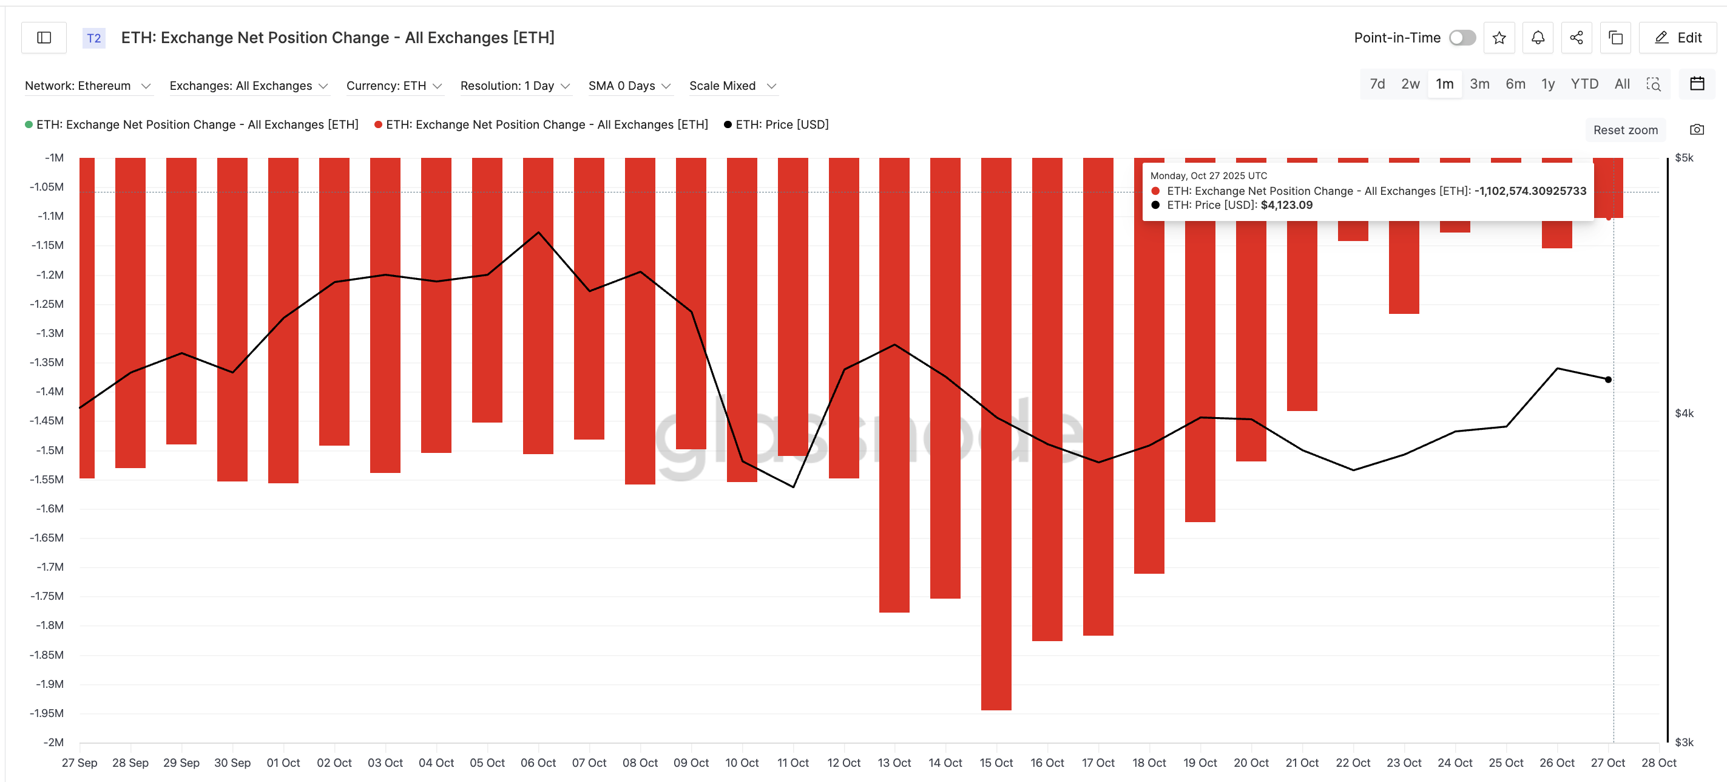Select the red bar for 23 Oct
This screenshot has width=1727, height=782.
(1403, 268)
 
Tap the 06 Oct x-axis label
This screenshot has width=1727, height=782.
(538, 763)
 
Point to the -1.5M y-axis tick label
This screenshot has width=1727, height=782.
(49, 450)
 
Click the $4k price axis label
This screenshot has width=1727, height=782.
(1683, 413)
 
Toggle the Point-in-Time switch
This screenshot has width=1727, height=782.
(1462, 38)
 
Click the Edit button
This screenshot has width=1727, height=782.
(1678, 38)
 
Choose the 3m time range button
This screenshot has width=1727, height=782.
(1479, 84)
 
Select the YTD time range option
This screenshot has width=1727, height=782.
(1584, 84)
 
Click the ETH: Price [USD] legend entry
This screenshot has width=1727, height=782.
(781, 124)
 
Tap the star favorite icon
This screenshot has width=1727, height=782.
(1499, 38)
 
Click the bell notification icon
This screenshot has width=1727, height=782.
(1538, 38)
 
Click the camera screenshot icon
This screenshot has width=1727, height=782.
(1696, 129)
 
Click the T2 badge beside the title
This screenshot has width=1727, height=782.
(94, 38)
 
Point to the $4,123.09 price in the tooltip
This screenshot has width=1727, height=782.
(1286, 205)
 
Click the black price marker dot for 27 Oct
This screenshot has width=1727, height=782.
(1607, 379)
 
